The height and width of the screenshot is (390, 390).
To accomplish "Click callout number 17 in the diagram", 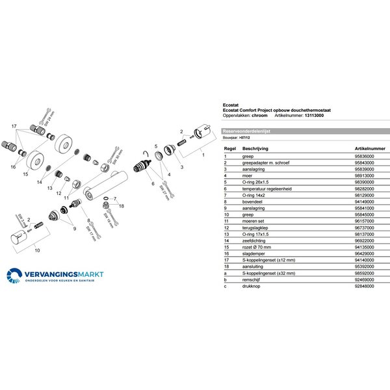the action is (14, 124).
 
